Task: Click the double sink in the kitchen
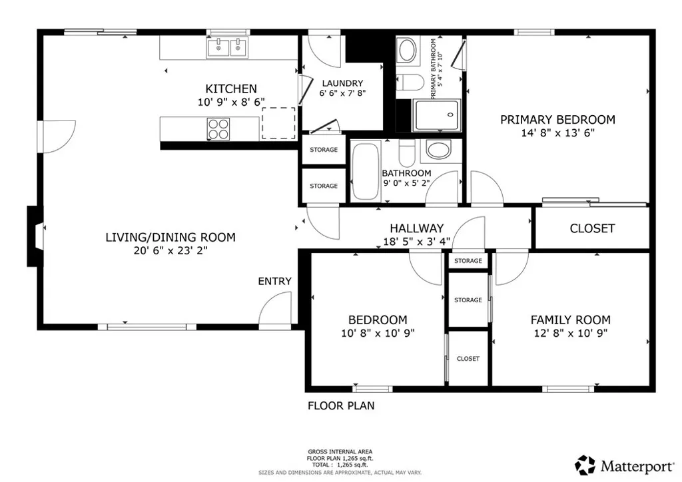pos(227,48)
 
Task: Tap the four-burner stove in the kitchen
pos(218,128)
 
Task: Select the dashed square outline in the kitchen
pos(278,122)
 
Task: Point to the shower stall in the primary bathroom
pos(437,115)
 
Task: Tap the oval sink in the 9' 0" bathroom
pos(438,150)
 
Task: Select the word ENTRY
pos(274,281)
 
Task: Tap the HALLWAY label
pos(416,228)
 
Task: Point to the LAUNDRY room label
pos(342,83)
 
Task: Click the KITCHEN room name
pos(230,89)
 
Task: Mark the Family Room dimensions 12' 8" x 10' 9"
pos(569,333)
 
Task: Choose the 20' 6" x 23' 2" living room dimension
pos(170,250)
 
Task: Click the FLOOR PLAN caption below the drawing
pos(340,405)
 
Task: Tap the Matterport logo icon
pos(585,465)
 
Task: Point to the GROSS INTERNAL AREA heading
pos(340,451)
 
